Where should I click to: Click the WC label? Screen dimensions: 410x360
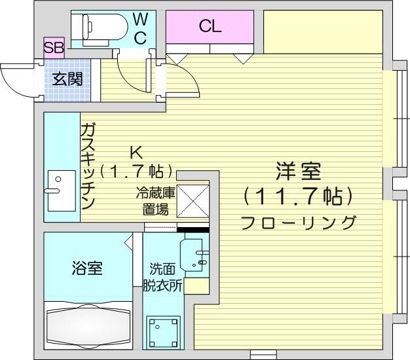[x=141, y=29]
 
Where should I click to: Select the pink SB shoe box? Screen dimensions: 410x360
[x=54, y=48]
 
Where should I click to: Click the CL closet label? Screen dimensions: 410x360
[x=210, y=26]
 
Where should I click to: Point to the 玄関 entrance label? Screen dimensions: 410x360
[x=67, y=79]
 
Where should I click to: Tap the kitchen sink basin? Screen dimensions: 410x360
[x=62, y=190]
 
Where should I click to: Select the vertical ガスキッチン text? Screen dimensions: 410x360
[x=88, y=166]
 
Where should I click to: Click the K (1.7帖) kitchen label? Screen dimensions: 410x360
[x=136, y=162]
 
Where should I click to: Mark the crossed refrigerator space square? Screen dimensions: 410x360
[x=193, y=201]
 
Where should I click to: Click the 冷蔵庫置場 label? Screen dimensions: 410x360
[x=155, y=202]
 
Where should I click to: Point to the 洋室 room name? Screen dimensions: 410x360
[x=299, y=171]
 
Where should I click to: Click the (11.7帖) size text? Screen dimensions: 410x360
[x=298, y=196]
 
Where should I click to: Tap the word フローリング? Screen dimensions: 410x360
[x=299, y=223]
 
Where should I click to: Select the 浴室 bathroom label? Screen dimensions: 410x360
[x=87, y=268]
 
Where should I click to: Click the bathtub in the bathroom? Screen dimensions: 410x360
[x=88, y=325]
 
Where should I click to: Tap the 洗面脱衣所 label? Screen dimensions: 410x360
[x=162, y=278]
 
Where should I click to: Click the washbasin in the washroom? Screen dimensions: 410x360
[x=195, y=255]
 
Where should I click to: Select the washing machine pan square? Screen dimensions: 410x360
[x=163, y=333]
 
